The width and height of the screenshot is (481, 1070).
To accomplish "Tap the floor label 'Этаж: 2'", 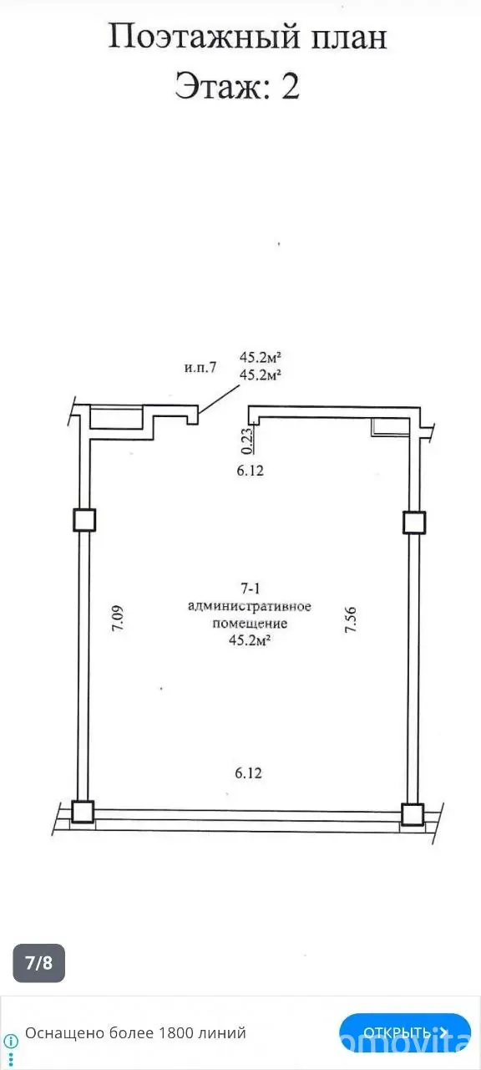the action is [x=237, y=85].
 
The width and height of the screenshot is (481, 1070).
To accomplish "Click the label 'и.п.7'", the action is [x=200, y=367].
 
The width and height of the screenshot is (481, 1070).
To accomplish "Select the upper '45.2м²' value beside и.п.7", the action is [x=260, y=357].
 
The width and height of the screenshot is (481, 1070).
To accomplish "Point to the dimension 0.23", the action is [x=246, y=441].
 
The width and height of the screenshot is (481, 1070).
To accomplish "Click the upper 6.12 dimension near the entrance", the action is [x=250, y=471].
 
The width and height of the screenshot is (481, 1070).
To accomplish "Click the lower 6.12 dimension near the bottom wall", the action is [x=249, y=772].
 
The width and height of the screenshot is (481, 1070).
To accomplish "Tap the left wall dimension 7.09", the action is [x=118, y=619].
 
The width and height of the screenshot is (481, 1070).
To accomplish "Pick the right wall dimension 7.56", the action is [x=351, y=619].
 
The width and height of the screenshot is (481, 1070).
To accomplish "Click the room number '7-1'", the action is [x=251, y=588].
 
